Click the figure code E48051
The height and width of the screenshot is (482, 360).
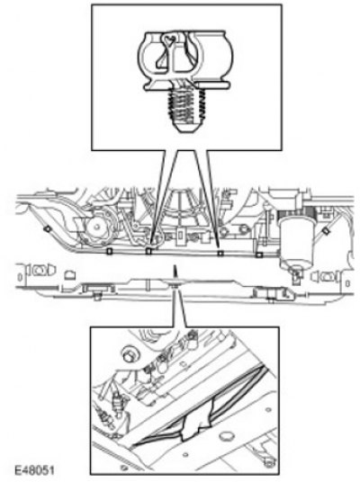click(34, 470)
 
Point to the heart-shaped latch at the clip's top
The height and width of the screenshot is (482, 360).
click(169, 39)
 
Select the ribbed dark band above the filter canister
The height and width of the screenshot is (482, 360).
click(296, 211)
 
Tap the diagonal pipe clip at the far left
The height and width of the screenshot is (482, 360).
click(48, 229)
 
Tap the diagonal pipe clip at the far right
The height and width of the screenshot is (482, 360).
click(325, 230)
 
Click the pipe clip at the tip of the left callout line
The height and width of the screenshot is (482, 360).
click(148, 251)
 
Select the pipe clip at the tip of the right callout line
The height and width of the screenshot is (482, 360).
click(220, 254)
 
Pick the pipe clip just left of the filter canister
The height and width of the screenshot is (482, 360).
click(259, 254)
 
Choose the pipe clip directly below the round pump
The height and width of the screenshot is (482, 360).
click(109, 251)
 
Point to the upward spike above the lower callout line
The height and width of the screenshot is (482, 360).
click(175, 272)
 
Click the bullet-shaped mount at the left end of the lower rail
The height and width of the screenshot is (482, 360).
click(40, 270)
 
